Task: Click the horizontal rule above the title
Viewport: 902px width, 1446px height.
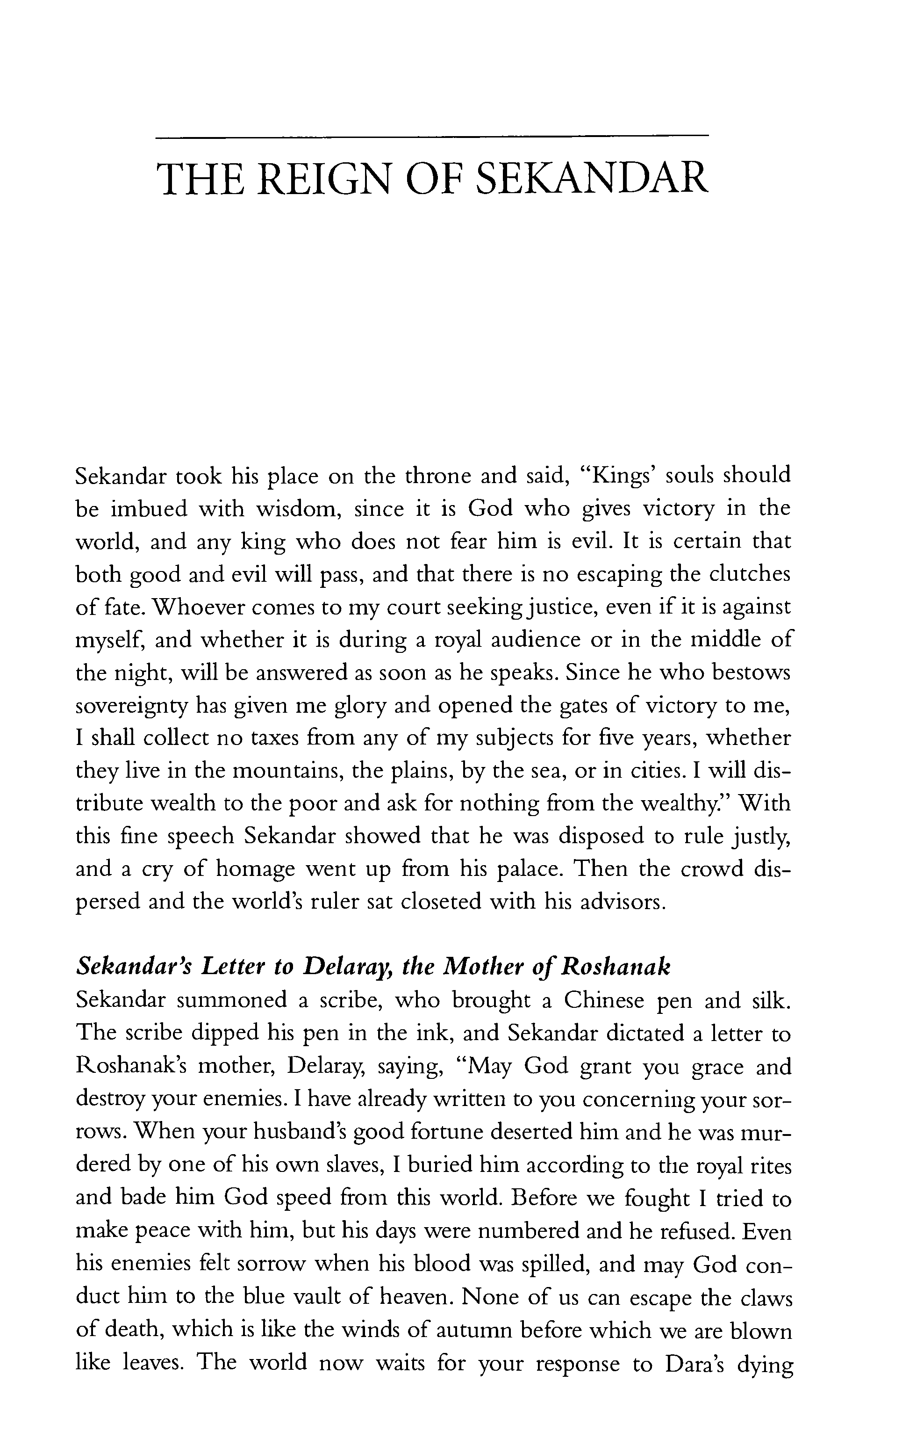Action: click(432, 138)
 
